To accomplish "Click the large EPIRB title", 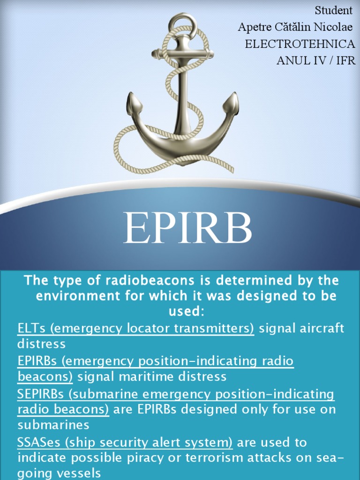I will pos(187,228).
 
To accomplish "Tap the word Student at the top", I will pos(333,10).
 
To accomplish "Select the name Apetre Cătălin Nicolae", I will pos(295,27).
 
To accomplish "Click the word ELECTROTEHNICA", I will pos(300,44).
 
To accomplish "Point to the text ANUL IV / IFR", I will pos(316,60).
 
